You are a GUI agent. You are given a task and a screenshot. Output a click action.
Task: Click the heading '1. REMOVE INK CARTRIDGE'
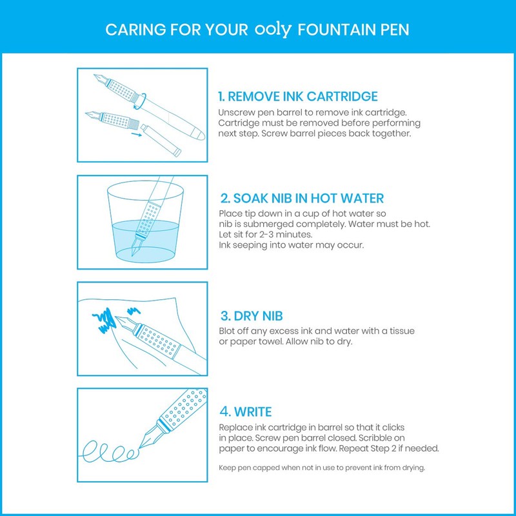(298, 97)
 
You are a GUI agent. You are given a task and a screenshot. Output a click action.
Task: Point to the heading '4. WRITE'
(245, 412)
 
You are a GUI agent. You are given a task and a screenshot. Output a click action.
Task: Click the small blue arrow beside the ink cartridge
(134, 135)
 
